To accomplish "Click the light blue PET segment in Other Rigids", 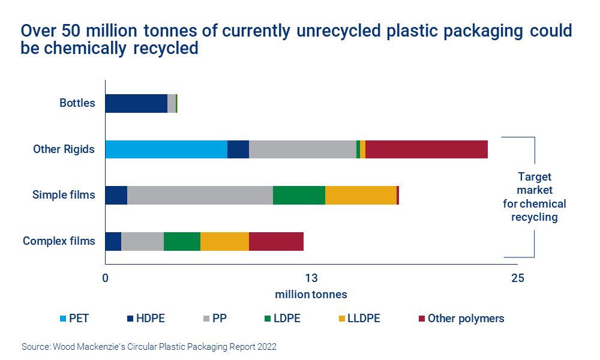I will tap(166, 149).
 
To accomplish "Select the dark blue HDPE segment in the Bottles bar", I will tap(136, 103).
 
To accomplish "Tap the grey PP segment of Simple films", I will tap(200, 195).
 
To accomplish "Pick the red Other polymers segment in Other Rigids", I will tap(426, 149).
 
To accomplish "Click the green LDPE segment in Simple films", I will tap(299, 195).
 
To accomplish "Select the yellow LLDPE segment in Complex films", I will tap(224, 241).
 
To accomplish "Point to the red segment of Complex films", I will tap(276, 241).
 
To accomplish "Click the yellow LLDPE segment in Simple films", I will tap(361, 195).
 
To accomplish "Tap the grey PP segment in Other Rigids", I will tap(302, 149).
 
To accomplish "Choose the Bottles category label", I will tap(77, 103).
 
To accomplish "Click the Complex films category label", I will tap(59, 241).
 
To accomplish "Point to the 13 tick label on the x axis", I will tap(311, 278).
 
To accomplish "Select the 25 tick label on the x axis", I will tap(517, 278).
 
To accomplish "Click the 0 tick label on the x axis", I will tap(105, 278).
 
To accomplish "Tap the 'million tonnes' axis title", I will tap(311, 295).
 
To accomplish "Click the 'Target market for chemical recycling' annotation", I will tap(534, 197).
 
